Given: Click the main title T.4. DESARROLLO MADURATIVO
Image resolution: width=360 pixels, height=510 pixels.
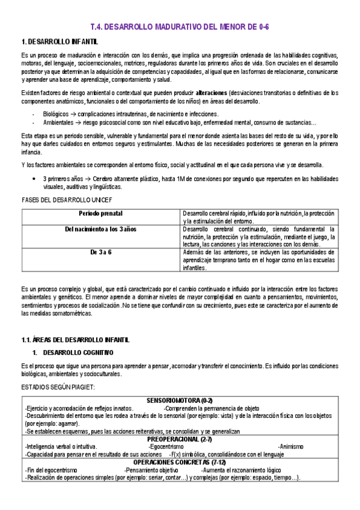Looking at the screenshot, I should pos(180,27).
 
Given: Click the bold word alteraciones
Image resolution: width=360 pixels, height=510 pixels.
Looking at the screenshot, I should pos(211,93).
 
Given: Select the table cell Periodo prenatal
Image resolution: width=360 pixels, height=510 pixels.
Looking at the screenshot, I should pos(101,214).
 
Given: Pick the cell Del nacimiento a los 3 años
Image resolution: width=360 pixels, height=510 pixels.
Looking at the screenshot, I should pos(101,229).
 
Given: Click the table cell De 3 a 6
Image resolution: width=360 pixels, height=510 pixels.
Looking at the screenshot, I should pos(101,252).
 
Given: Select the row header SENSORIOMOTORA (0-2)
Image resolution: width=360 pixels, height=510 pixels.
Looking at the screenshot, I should pos(180,401).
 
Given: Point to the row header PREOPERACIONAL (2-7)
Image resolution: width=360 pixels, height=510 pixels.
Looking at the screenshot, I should pos(180,439).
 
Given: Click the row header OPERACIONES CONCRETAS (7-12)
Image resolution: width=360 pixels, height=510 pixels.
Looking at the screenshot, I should pos(180,462).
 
